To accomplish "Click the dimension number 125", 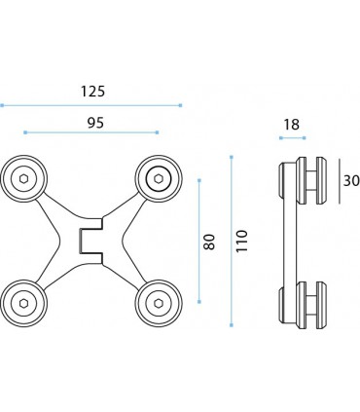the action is [x=92, y=92].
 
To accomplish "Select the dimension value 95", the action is [x=95, y=123].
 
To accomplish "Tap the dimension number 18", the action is [x=291, y=125].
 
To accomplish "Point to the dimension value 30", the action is [x=351, y=180].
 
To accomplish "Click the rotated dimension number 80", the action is [x=209, y=242].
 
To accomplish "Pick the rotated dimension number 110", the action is [x=241, y=241].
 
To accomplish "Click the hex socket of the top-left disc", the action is [x=23, y=178].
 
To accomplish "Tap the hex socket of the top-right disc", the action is [x=159, y=178].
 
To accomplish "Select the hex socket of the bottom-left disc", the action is [x=23, y=303].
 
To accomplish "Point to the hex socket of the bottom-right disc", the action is [x=159, y=303].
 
